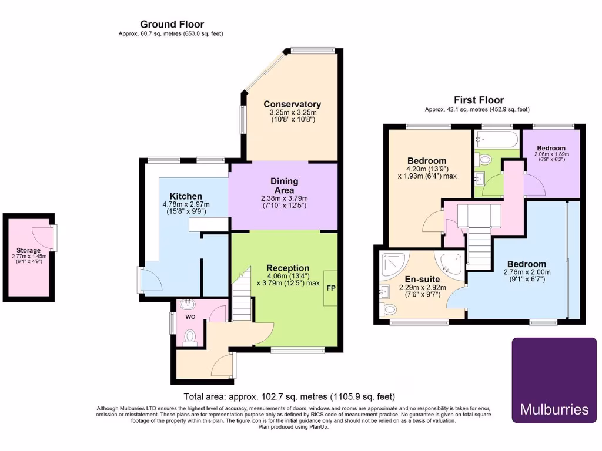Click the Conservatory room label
click(x=292, y=105)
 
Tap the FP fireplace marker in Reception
click(x=331, y=288)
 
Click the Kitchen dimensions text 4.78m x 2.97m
click(x=186, y=204)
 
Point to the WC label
click(x=190, y=317)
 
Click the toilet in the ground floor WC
click(x=190, y=336)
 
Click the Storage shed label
click(x=28, y=250)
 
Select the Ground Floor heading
click(x=172, y=24)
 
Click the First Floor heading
click(x=479, y=100)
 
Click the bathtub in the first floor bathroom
click(x=497, y=140)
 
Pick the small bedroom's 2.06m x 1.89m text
click(x=551, y=154)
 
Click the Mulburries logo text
click(x=554, y=409)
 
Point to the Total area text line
click(x=289, y=397)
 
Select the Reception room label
click(x=288, y=268)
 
